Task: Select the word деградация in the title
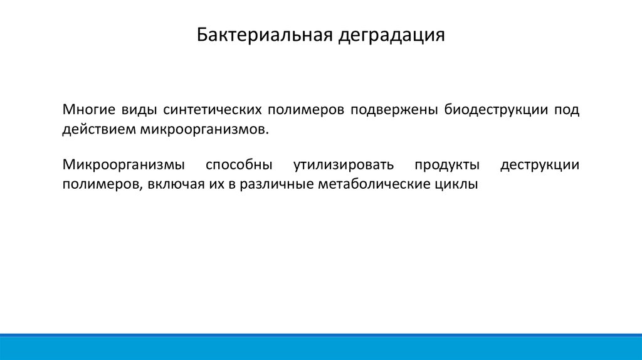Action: [391, 36]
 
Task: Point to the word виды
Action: [139, 110]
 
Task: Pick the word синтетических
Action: [213, 110]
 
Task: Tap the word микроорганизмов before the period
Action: [203, 130]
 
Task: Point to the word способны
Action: [239, 165]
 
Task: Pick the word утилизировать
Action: [344, 165]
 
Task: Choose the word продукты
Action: [447, 165]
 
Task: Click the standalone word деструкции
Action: [540, 165]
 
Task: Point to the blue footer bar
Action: [321, 347]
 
